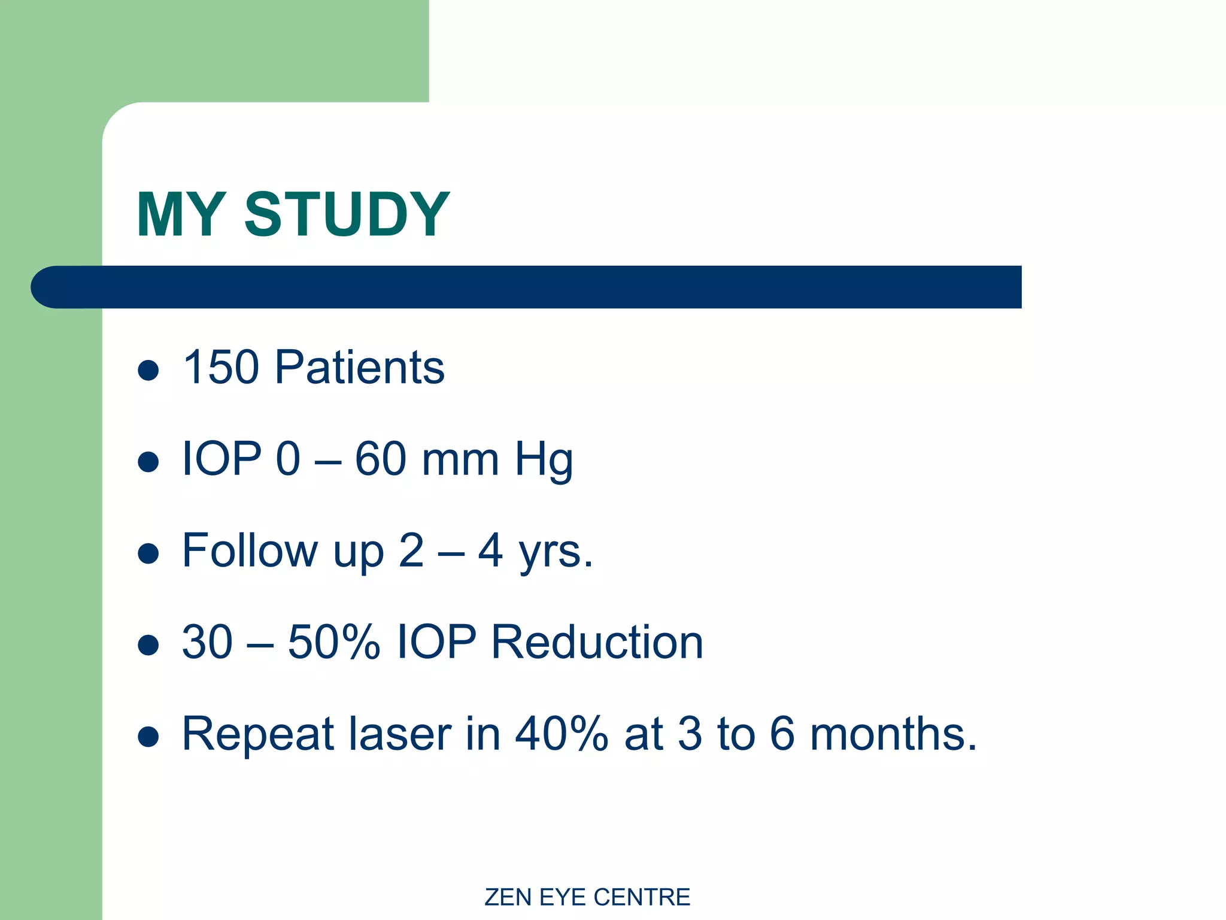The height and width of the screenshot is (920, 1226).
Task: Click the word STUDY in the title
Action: click(x=347, y=214)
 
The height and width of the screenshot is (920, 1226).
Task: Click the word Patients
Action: click(x=359, y=367)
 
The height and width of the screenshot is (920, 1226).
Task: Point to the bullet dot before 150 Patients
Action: click(x=148, y=370)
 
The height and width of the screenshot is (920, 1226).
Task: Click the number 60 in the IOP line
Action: click(x=381, y=459)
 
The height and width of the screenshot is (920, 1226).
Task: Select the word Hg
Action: click(x=544, y=460)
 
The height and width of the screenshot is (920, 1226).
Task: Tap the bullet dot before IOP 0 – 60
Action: click(x=148, y=462)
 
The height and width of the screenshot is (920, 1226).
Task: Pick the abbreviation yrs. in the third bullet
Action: click(x=555, y=552)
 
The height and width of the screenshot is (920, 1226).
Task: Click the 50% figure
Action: click(x=333, y=642)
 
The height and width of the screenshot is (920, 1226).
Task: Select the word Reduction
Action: click(x=597, y=642)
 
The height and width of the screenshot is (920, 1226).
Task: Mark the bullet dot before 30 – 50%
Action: click(x=148, y=645)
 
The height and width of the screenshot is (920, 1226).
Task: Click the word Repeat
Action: click(x=258, y=735)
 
